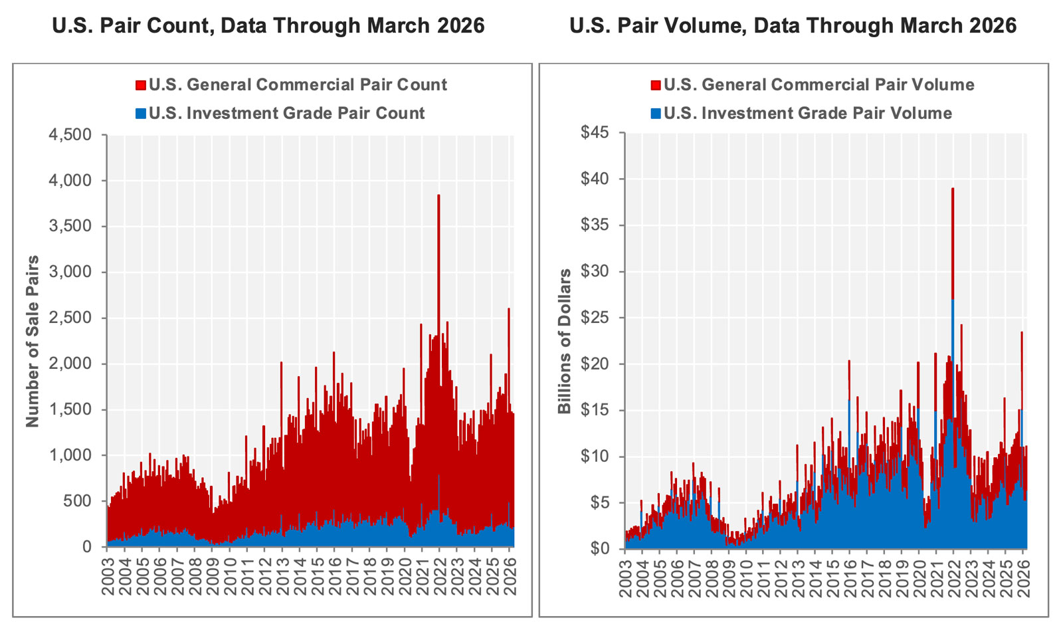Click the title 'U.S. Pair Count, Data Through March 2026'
[268, 26]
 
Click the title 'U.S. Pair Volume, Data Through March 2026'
[793, 26]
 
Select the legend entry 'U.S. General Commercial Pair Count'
[298, 85]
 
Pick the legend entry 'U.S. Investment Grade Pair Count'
[286, 113]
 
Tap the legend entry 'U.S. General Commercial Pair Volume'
[819, 85]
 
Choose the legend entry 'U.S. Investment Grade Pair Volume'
[807, 113]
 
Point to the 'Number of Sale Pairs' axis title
[33, 341]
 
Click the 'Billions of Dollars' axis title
[565, 341]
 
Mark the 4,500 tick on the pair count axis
[70, 135]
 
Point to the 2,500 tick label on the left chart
[70, 318]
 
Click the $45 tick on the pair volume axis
[595, 133]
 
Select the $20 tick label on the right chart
[595, 364]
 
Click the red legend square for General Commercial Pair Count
[141, 86]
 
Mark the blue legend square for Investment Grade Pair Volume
[656, 114]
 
